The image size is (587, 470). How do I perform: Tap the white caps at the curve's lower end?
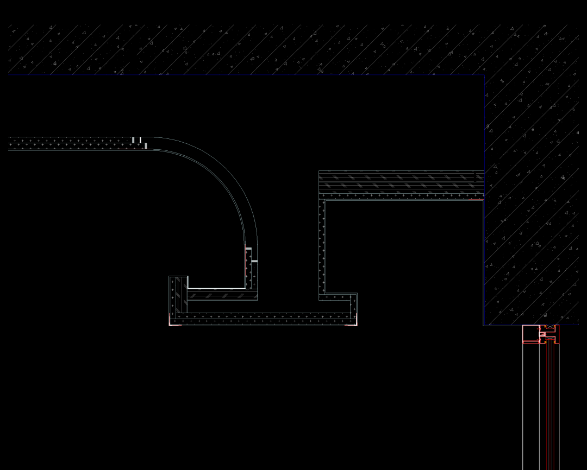coord(251,255)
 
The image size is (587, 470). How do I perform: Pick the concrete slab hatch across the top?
coord(245,49)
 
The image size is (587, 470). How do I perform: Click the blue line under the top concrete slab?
coord(245,75)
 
